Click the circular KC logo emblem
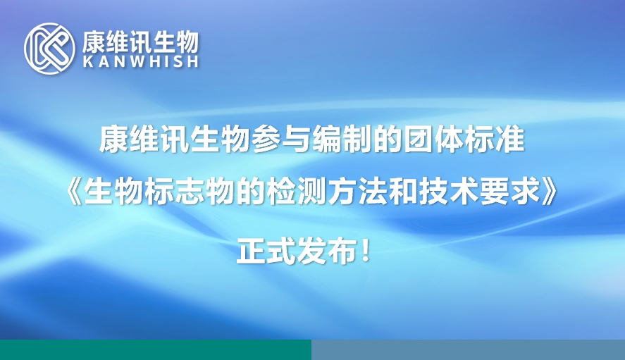pos(49,49)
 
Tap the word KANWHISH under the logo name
pos(141,62)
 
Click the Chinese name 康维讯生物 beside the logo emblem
pos(140,42)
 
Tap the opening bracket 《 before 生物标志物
pos(74,192)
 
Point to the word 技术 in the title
pos(448,192)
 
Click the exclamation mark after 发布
pos(366,252)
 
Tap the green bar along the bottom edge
pos(156,349)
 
